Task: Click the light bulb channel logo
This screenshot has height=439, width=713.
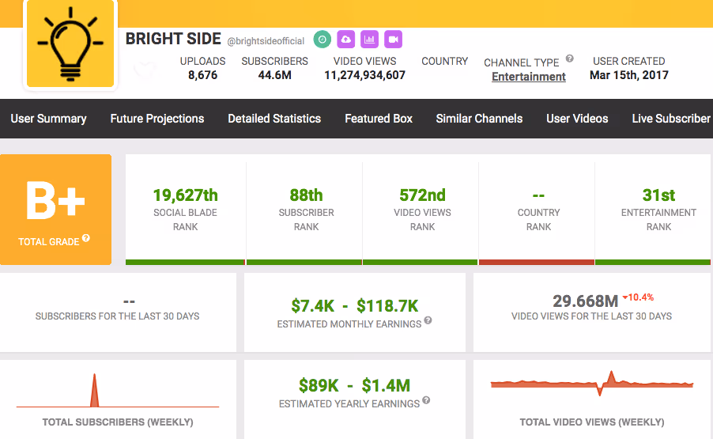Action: [x=70, y=44]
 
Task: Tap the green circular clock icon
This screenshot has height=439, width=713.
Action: [x=323, y=40]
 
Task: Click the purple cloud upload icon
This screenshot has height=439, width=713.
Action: [x=346, y=40]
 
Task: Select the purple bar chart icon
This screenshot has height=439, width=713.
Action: [x=370, y=40]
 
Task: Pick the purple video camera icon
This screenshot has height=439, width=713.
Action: [x=394, y=40]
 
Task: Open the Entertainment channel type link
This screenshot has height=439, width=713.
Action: [x=529, y=77]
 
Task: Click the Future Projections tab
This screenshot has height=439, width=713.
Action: [x=157, y=119]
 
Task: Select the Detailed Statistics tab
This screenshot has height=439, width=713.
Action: [x=274, y=119]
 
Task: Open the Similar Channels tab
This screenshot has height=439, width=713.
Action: [x=479, y=119]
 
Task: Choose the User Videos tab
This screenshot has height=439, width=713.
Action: [x=577, y=119]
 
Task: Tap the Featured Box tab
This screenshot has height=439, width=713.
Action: [x=379, y=119]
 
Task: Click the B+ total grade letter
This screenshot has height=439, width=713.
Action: [x=55, y=201]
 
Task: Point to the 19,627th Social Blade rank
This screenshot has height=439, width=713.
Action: [x=186, y=195]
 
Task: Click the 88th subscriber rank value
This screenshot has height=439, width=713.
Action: [x=306, y=195]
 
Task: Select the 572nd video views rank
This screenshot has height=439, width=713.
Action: [x=422, y=195]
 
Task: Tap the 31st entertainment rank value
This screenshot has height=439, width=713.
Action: [x=658, y=195]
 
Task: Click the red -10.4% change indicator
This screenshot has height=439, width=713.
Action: [x=638, y=297]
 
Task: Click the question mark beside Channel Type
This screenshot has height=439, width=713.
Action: [x=569, y=59]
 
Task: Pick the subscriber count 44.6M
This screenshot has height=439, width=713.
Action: [x=274, y=75]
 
